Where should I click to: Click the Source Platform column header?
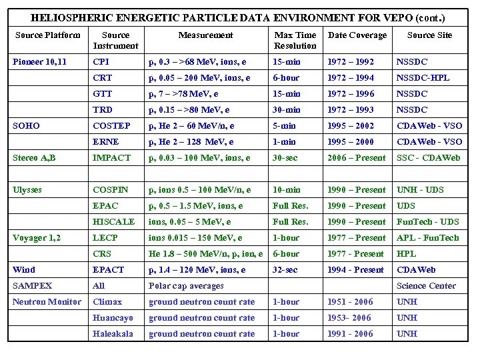(47, 35)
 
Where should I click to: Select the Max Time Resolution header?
(295, 40)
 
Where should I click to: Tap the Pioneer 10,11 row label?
(39, 62)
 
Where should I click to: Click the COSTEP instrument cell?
(111, 126)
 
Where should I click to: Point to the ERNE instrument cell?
(106, 142)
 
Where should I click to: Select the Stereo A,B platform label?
(35, 158)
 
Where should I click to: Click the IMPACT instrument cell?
(111, 158)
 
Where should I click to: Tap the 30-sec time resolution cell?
(285, 158)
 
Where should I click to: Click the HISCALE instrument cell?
(114, 222)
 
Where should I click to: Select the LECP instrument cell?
(105, 238)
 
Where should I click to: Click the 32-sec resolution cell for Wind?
(285, 270)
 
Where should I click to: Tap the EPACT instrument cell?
(109, 270)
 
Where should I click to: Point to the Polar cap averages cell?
(186, 286)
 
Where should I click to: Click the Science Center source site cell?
(426, 286)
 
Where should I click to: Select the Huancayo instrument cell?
(113, 318)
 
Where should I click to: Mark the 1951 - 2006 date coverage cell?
(350, 302)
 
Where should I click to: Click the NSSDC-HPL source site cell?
(423, 78)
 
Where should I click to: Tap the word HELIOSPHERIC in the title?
(72, 18)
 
